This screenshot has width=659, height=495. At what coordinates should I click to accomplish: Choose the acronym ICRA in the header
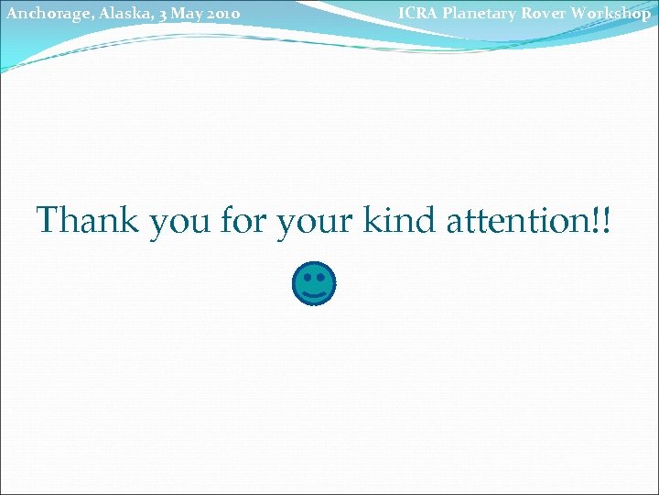click(416, 13)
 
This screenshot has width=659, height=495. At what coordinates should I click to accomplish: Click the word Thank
click(87, 221)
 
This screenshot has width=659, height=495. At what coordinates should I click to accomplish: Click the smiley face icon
click(314, 284)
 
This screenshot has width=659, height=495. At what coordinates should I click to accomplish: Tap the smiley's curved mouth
click(314, 294)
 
